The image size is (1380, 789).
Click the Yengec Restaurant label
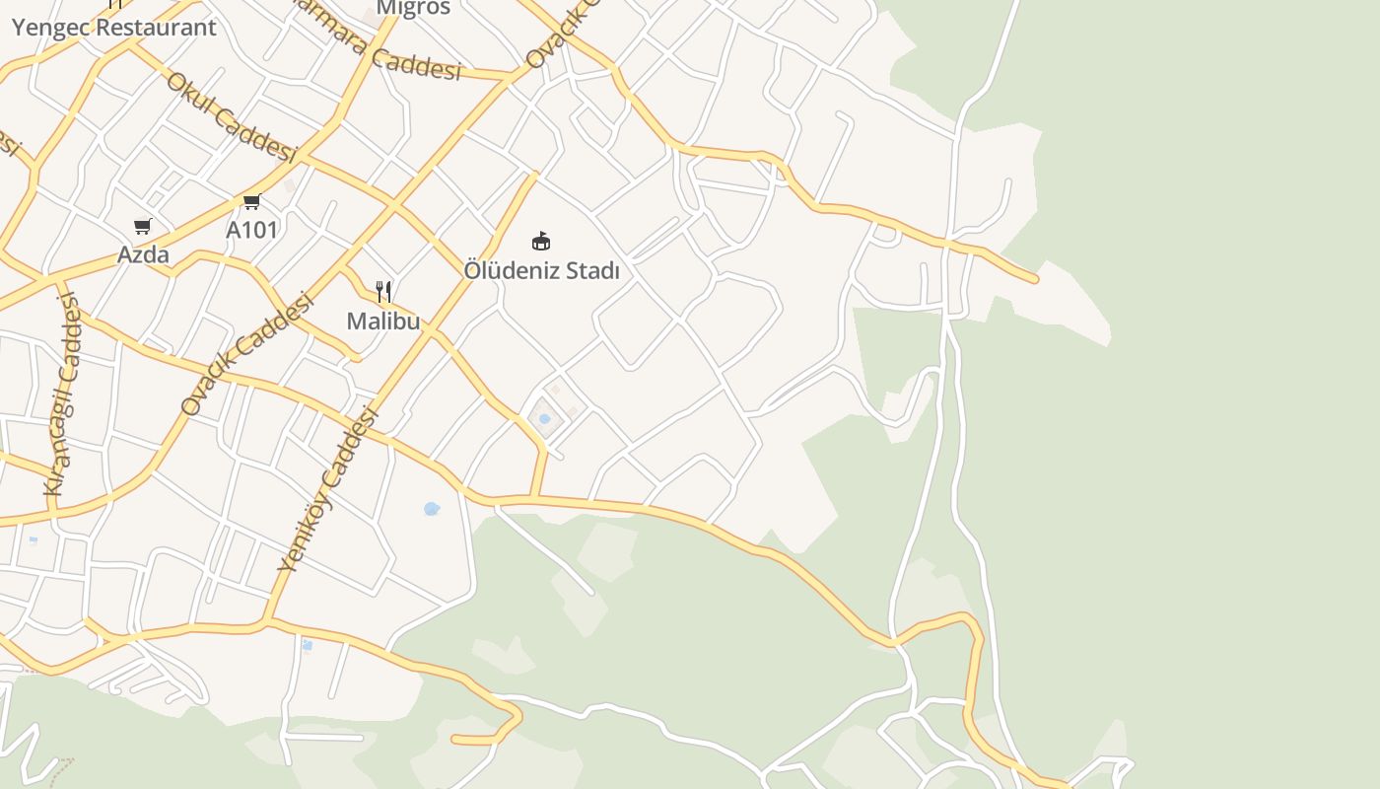click(x=113, y=27)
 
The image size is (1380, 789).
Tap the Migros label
click(x=413, y=8)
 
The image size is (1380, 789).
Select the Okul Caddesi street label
click(x=232, y=117)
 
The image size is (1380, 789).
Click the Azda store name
click(x=143, y=254)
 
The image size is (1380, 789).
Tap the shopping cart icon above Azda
click(x=143, y=227)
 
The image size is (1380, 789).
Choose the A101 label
click(x=252, y=230)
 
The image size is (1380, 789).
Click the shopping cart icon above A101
click(x=251, y=202)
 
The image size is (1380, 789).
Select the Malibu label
click(x=383, y=321)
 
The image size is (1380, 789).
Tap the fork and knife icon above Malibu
click(x=383, y=291)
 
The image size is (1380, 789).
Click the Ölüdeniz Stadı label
click(x=541, y=270)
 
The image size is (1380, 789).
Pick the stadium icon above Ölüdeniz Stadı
click(x=540, y=241)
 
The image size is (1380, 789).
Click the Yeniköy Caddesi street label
click(x=329, y=489)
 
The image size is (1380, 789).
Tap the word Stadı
click(x=592, y=270)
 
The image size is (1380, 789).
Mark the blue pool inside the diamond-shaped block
click(x=544, y=419)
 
